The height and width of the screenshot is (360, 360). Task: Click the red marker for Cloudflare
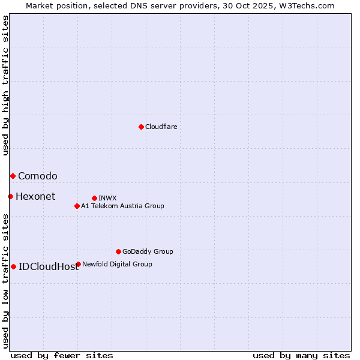pos(141,127)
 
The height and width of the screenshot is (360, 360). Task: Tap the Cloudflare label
pos(161,127)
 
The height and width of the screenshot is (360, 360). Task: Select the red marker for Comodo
pos(13,176)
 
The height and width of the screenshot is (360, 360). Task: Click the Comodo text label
pos(37,176)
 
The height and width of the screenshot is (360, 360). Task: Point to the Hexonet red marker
pos(10,196)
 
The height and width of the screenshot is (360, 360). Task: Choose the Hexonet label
pos(35,196)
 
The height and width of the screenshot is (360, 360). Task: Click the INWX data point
pos(94,198)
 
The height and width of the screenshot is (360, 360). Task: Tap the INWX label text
pos(107,198)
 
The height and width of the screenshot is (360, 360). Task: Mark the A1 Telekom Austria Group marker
pos(77,206)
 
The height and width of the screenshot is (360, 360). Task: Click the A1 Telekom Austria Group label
pos(122,206)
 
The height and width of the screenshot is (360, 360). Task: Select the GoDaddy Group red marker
pos(118,251)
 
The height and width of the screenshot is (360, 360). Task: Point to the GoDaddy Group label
pos(148,251)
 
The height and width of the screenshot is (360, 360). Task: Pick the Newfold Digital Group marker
pos(78,264)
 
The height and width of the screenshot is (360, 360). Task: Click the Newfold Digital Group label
pos(117,264)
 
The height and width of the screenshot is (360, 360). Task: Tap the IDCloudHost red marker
pos(13,266)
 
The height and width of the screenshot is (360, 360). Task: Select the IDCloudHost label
pos(49,266)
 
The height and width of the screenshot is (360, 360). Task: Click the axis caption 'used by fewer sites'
pos(62,355)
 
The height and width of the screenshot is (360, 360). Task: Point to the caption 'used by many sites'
pos(301,355)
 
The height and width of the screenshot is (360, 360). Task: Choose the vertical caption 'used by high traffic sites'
pos(5,85)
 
